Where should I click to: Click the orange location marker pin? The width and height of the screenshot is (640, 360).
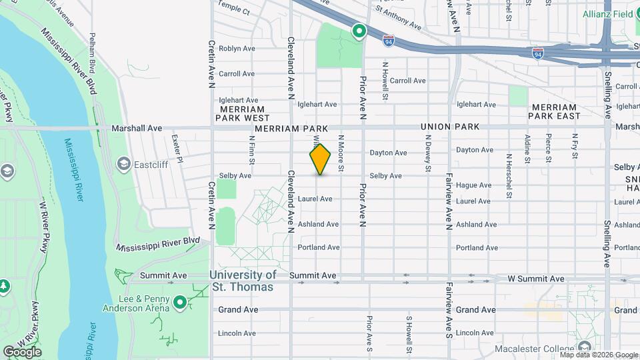[x=321, y=159]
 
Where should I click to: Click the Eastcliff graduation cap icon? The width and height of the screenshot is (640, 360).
[x=123, y=163]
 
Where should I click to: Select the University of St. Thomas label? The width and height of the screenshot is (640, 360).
[x=242, y=281]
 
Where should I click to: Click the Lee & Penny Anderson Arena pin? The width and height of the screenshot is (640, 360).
[x=179, y=303]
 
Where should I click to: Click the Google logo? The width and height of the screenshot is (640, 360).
[x=21, y=351]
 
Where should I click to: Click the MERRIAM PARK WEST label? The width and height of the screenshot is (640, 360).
[x=240, y=113]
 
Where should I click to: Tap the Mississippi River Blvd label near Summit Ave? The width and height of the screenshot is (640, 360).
[x=157, y=243]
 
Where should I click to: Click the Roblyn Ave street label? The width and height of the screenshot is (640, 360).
[x=237, y=49]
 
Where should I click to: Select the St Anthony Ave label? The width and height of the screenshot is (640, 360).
[x=399, y=19]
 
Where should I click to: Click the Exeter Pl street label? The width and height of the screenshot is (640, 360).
[x=177, y=148]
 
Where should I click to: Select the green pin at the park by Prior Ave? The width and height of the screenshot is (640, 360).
[x=359, y=31]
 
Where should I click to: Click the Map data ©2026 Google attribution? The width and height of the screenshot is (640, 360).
[x=598, y=355]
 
